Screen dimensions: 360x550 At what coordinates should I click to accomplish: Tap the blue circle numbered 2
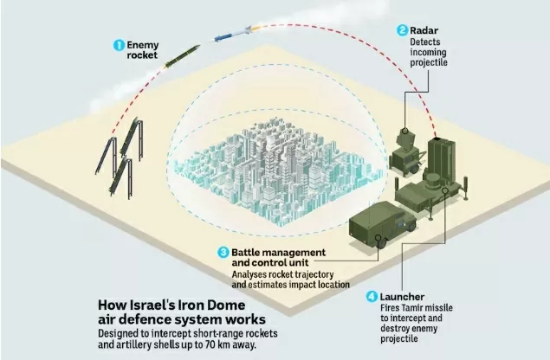click(x=403, y=29)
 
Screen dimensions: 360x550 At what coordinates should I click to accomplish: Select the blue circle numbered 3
click(x=223, y=252)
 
